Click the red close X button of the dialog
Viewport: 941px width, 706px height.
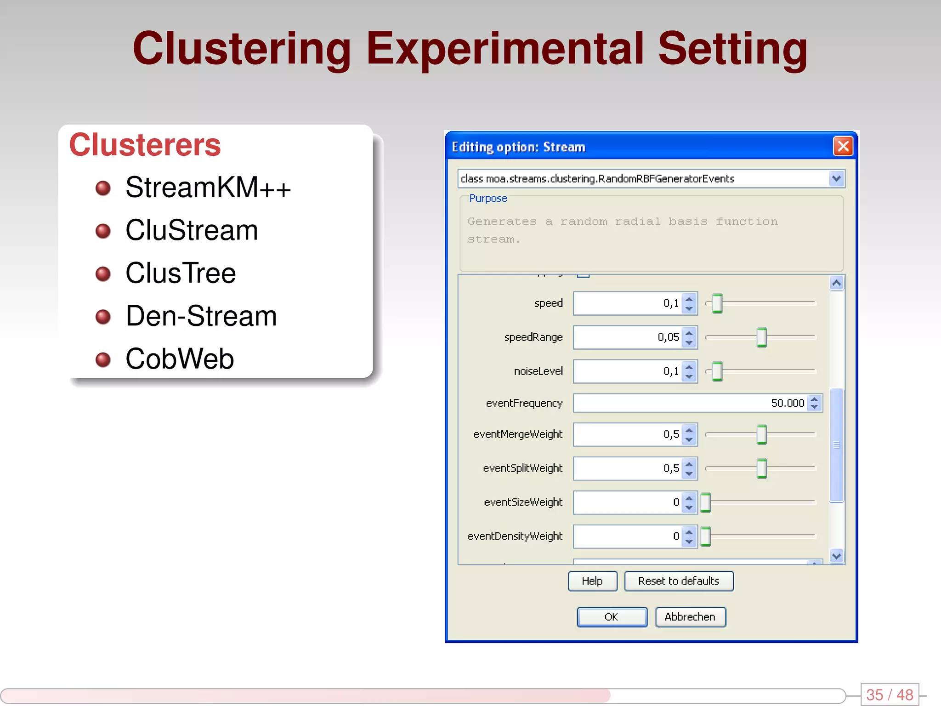tap(843, 147)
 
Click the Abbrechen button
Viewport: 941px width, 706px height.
tap(690, 617)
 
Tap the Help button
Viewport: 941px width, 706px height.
tap(592, 581)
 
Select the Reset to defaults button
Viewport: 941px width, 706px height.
tap(678, 581)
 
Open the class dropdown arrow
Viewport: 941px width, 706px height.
tap(836, 178)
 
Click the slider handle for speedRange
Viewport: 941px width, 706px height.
tap(761, 337)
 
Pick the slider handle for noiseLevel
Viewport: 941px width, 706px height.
tap(717, 371)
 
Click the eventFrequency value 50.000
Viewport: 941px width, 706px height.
tap(788, 403)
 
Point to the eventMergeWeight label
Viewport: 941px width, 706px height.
tap(518, 434)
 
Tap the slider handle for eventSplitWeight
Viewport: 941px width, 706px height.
tap(761, 468)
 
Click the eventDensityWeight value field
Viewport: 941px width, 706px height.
tap(627, 536)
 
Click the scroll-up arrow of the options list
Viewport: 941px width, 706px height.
tap(836, 283)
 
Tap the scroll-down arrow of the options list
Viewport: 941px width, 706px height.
tap(836, 556)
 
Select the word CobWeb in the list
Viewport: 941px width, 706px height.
tap(180, 359)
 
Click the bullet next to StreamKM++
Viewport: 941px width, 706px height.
tap(103, 188)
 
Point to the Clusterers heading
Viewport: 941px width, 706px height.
tap(145, 145)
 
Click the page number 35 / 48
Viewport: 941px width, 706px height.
tap(890, 695)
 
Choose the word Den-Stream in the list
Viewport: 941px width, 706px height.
tap(201, 316)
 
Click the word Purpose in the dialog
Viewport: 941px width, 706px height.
tap(488, 199)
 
